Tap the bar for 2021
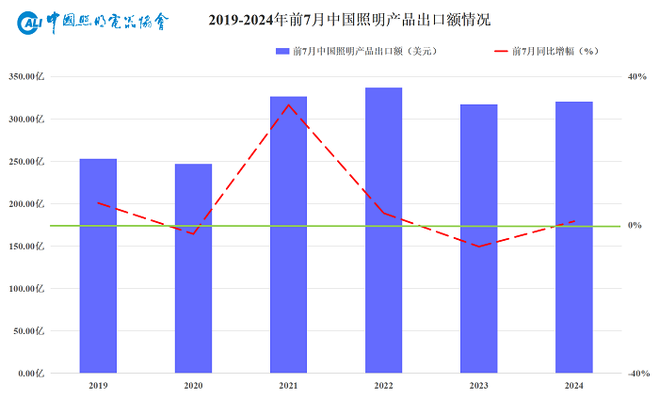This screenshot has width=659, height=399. (288, 234)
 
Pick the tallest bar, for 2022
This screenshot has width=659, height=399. (383, 230)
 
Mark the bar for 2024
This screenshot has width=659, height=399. (573, 237)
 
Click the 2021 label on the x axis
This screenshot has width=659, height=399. (288, 386)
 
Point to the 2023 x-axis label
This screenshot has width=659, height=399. (478, 386)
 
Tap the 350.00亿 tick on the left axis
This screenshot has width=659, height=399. (27, 76)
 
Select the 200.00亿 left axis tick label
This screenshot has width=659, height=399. (27, 203)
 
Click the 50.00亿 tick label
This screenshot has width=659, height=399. (29, 330)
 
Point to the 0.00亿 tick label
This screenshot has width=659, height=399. (31, 373)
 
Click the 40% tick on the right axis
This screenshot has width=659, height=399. (636, 76)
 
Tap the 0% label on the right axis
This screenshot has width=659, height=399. (635, 225)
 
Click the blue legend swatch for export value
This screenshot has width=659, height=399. (281, 51)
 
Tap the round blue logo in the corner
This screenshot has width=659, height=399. (30, 21)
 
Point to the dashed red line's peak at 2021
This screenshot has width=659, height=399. (288, 104)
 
